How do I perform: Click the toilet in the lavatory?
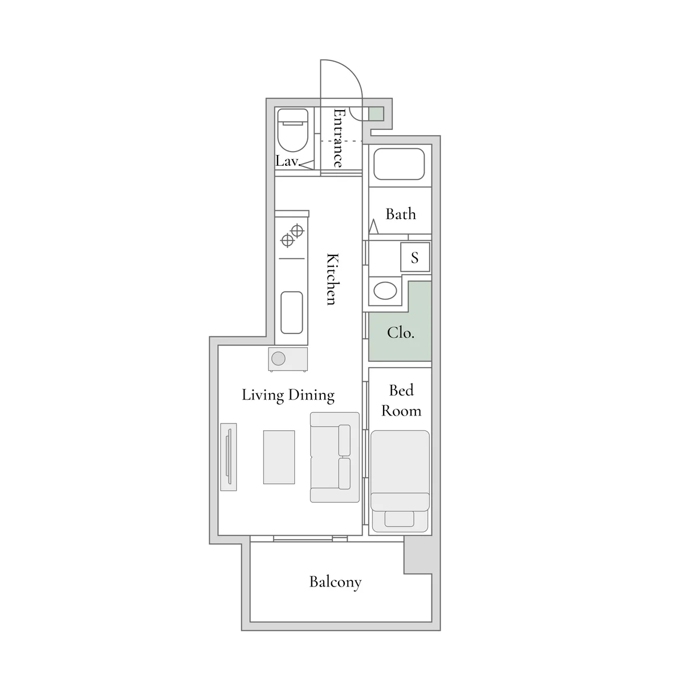[292, 131]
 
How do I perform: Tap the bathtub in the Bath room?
[399, 164]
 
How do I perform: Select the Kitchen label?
[332, 279]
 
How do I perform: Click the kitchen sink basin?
[291, 312]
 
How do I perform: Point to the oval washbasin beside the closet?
[385, 291]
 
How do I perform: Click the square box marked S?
[414, 257]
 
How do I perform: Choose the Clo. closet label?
[400, 333]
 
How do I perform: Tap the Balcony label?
[335, 582]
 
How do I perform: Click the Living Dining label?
[288, 395]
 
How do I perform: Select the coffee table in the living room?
[279, 457]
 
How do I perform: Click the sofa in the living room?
[335, 457]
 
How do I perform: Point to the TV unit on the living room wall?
[228, 457]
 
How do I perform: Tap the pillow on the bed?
[400, 519]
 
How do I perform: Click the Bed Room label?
[401, 400]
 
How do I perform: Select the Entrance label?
[338, 138]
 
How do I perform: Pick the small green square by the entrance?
[376, 113]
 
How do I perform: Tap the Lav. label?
[288, 161]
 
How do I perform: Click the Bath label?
[400, 214]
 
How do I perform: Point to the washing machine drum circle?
[278, 359]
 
